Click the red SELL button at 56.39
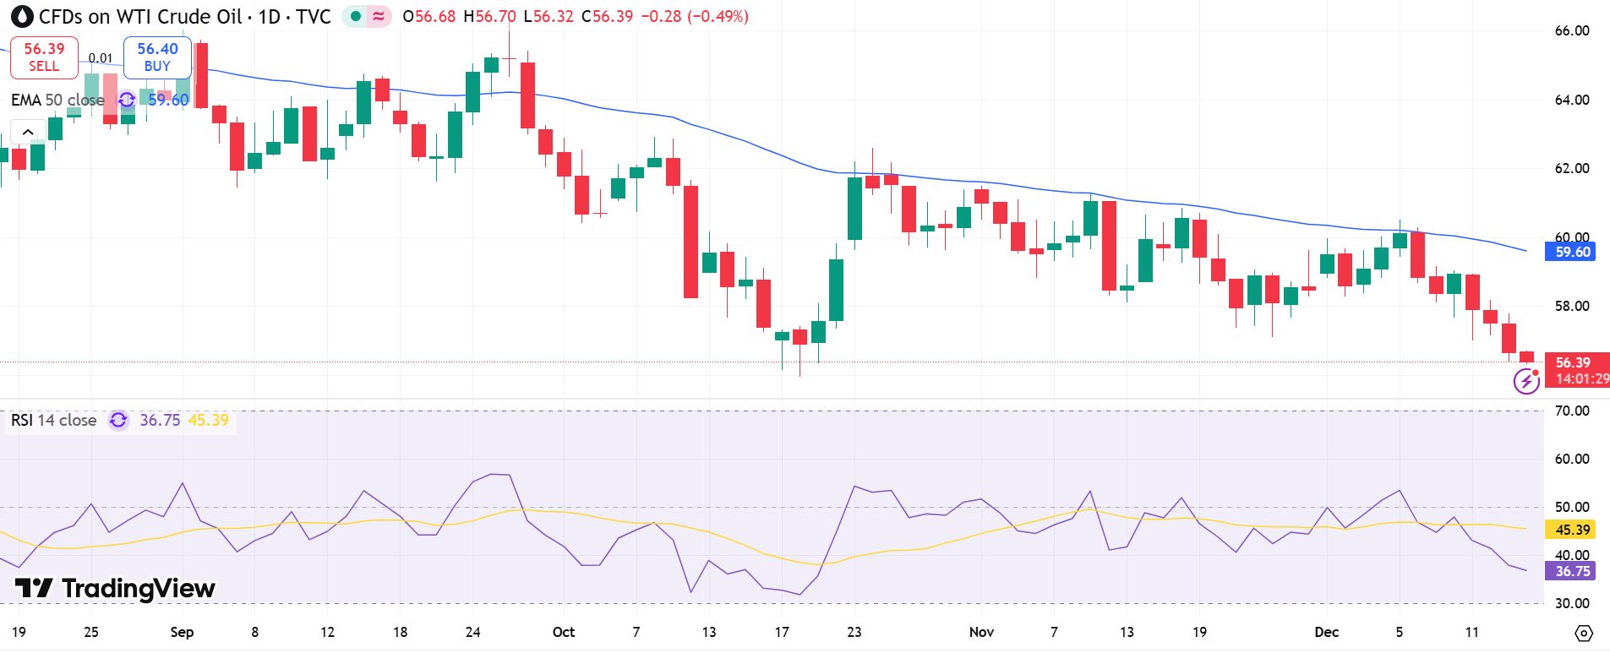point(44,57)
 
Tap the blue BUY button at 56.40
point(157,57)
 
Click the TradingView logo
point(115,588)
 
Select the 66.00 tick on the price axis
point(1571,31)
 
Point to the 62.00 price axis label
point(1571,168)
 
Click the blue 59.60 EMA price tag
point(1572,252)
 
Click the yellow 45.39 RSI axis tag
point(1572,530)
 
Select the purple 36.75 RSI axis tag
point(1572,571)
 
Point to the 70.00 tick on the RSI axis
point(1571,411)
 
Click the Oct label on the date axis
point(563,632)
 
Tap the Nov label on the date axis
point(981,632)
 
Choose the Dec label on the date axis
point(1326,632)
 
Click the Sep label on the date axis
point(182,632)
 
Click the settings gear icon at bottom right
point(1584,633)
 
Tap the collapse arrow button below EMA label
point(28,132)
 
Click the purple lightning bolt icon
point(1525,382)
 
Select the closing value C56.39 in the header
point(607,17)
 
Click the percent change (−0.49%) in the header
point(718,17)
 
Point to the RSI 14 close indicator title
point(54,420)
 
